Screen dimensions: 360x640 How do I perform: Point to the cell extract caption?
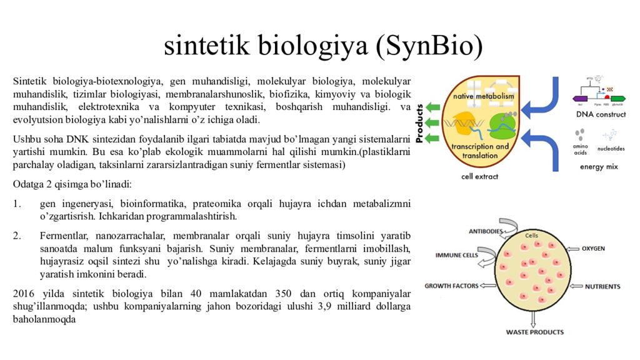point(479,176)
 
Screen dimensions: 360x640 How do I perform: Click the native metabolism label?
point(484,96)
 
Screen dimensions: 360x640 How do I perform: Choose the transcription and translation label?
point(481,151)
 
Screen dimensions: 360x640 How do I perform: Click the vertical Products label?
point(419,122)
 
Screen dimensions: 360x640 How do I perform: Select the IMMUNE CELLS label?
point(457,255)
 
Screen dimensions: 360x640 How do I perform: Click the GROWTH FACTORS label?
point(451,286)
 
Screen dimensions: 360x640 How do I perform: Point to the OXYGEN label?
point(593,248)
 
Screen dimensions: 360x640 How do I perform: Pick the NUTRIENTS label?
point(602,286)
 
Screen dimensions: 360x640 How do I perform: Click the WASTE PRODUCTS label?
point(534,332)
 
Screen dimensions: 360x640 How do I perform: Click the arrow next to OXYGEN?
point(571,248)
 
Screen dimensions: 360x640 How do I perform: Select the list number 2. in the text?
point(17,236)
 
